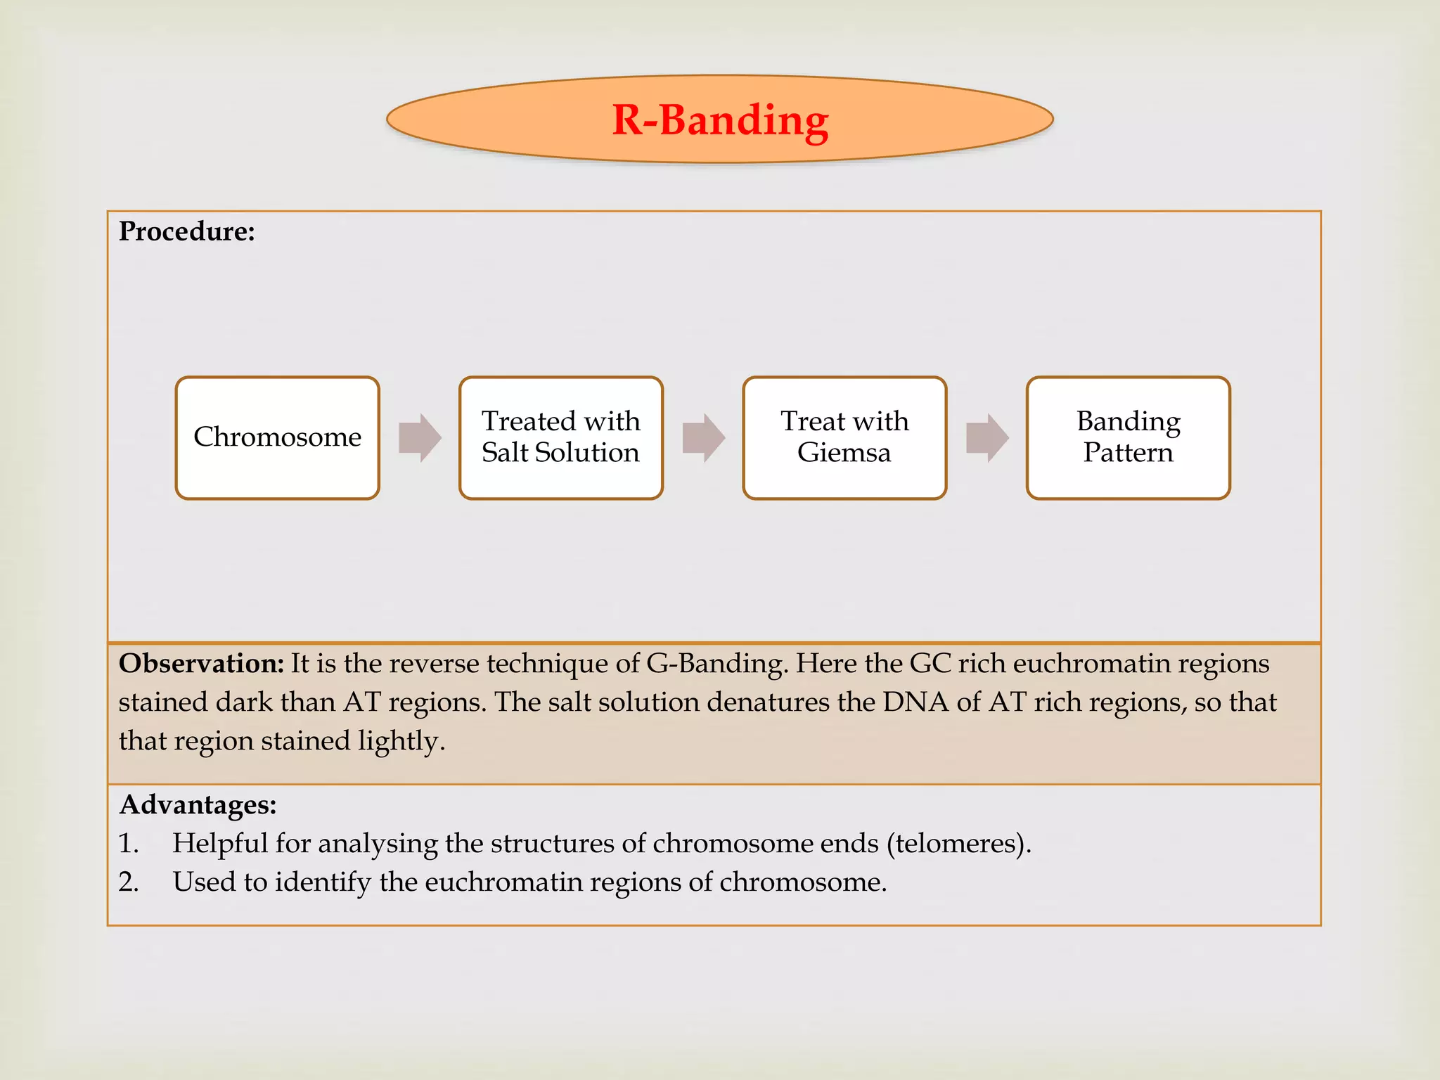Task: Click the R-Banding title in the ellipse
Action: [720, 120]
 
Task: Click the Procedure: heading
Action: [186, 231]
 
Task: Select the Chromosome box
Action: [278, 437]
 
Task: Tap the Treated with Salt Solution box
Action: [561, 437]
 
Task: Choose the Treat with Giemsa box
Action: [844, 437]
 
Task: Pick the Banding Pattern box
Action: [1128, 437]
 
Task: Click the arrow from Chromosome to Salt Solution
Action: [420, 437]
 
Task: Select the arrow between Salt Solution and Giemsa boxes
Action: [703, 437]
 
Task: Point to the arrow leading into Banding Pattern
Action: [987, 437]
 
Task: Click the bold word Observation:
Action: [201, 664]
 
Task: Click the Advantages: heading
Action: [198, 804]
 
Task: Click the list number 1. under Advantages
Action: [129, 843]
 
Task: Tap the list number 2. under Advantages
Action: [129, 882]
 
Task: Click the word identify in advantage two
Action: [323, 882]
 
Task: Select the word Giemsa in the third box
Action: [844, 453]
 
